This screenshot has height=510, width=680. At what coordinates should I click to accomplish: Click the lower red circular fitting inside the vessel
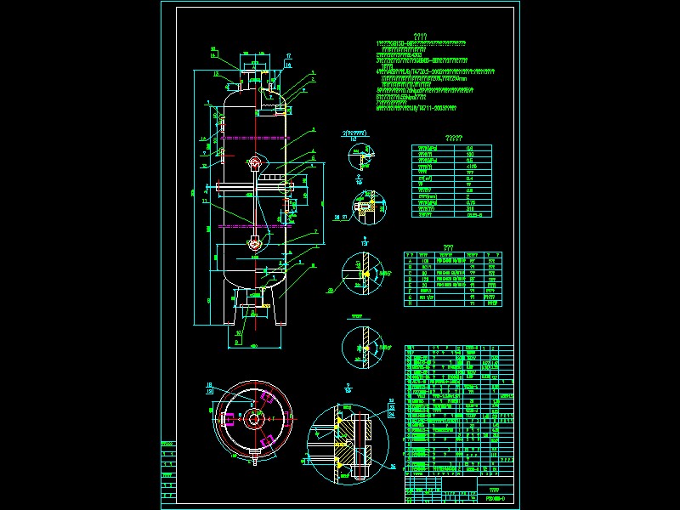255,243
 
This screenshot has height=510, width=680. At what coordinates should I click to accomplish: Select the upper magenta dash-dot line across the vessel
254,136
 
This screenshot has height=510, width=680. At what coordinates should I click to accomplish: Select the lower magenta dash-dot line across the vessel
254,226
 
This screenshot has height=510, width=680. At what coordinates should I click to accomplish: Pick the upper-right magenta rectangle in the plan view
269,398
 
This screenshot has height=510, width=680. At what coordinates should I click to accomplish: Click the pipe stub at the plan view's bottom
254,462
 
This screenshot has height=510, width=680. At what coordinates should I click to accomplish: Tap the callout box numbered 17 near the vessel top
287,56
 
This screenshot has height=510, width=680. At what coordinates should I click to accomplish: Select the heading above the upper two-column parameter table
454,138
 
